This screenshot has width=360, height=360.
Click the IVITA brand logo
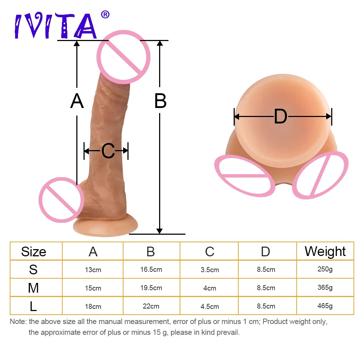click(56, 26)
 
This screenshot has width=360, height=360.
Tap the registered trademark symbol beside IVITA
click(105, 15)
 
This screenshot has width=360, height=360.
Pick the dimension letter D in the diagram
click(280, 117)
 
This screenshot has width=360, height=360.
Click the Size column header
click(33, 252)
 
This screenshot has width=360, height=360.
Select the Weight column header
click(325, 251)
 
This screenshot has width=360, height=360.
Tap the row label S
click(33, 270)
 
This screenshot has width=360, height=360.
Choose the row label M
click(33, 288)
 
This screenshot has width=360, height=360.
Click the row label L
click(33, 306)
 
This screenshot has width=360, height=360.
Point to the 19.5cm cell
click(151, 288)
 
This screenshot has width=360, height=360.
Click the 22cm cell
click(151, 306)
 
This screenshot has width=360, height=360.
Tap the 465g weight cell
click(325, 306)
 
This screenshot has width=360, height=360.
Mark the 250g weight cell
click(325, 269)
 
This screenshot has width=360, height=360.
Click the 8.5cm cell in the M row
click(266, 288)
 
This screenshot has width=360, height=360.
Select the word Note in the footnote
click(18, 321)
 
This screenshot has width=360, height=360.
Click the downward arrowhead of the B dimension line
click(160, 231)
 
